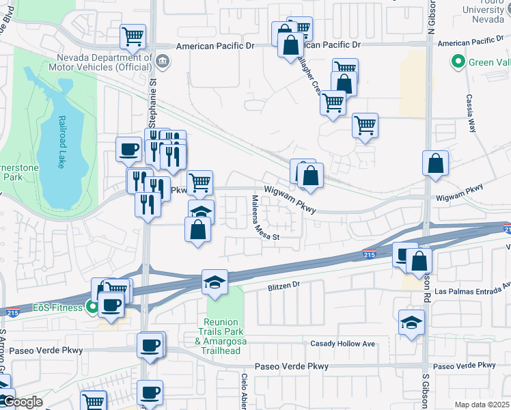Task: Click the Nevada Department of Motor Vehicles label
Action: click(106, 62)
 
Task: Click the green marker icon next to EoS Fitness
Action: click(89, 307)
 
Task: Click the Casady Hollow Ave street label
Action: click(343, 343)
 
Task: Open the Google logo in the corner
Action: click(21, 402)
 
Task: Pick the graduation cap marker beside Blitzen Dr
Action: click(215, 282)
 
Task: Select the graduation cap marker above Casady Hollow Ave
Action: click(411, 322)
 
